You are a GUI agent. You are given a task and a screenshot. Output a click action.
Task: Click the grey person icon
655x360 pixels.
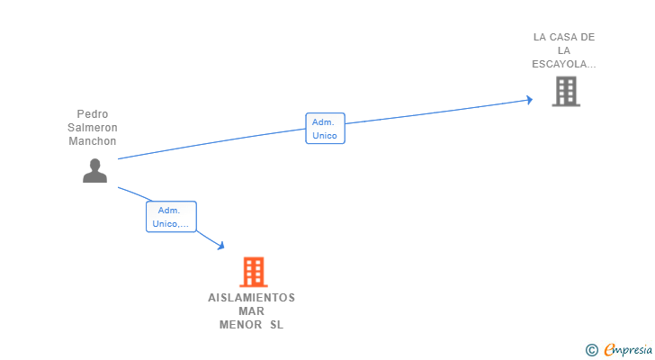(x=94, y=170)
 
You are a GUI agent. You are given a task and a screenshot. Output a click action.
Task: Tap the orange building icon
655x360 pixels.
(x=254, y=272)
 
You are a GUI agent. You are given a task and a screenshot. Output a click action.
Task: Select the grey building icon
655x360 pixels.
(x=565, y=91)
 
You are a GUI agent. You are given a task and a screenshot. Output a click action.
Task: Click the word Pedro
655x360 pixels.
(x=93, y=114)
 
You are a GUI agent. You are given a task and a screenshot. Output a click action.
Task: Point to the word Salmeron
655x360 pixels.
(x=93, y=128)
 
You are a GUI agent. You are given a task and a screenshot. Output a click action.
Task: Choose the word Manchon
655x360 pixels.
(x=93, y=141)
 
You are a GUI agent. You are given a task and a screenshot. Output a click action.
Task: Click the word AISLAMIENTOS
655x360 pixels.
(x=251, y=298)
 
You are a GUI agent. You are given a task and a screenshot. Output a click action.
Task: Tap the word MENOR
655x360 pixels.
(x=239, y=325)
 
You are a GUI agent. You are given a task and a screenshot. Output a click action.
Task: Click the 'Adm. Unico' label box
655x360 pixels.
(x=325, y=129)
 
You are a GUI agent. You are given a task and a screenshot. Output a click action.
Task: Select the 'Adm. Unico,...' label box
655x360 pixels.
(x=171, y=217)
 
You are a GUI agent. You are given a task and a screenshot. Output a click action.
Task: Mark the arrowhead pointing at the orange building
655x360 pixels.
(x=220, y=246)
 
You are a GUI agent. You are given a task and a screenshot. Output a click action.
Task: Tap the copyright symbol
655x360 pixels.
(x=591, y=350)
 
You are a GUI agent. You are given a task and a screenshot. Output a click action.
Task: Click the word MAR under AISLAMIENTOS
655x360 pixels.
(x=251, y=311)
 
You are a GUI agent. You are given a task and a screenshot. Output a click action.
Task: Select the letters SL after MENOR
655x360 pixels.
(x=276, y=325)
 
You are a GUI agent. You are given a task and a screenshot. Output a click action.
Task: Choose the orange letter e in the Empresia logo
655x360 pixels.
(x=609, y=350)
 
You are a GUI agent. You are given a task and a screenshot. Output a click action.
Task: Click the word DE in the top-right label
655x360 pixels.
(x=588, y=37)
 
